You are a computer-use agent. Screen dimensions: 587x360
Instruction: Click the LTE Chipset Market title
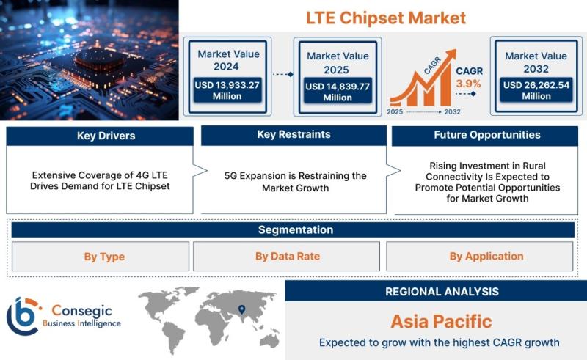click(386, 18)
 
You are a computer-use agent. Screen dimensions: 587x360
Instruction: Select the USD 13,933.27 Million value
click(227, 91)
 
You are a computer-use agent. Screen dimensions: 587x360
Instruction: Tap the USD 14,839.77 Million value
click(338, 92)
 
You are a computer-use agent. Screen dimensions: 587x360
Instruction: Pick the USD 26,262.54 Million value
click(536, 91)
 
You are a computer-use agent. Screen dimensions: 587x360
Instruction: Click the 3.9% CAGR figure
click(468, 84)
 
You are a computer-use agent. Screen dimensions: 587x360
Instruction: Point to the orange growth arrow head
click(451, 55)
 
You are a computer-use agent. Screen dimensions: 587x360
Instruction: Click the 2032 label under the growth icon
click(452, 111)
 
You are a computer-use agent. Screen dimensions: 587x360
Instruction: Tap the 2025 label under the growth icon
click(395, 111)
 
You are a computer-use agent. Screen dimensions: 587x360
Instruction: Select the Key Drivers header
click(106, 136)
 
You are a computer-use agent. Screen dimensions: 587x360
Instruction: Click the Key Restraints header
click(293, 134)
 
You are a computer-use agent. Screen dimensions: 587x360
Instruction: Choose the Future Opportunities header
click(487, 135)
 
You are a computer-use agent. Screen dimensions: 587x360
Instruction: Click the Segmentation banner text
click(296, 229)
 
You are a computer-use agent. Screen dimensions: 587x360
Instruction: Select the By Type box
click(101, 257)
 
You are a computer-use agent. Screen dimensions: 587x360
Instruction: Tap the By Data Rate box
click(286, 256)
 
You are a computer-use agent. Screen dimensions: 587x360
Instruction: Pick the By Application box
click(480, 256)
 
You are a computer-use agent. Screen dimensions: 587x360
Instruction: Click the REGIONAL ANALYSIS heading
click(442, 292)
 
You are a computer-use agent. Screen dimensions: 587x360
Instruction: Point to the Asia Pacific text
click(441, 321)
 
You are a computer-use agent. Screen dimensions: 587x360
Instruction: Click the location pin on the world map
click(242, 309)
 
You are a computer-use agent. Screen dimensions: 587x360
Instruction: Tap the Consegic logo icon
click(23, 316)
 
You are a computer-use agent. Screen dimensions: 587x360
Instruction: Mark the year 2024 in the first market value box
click(226, 66)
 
